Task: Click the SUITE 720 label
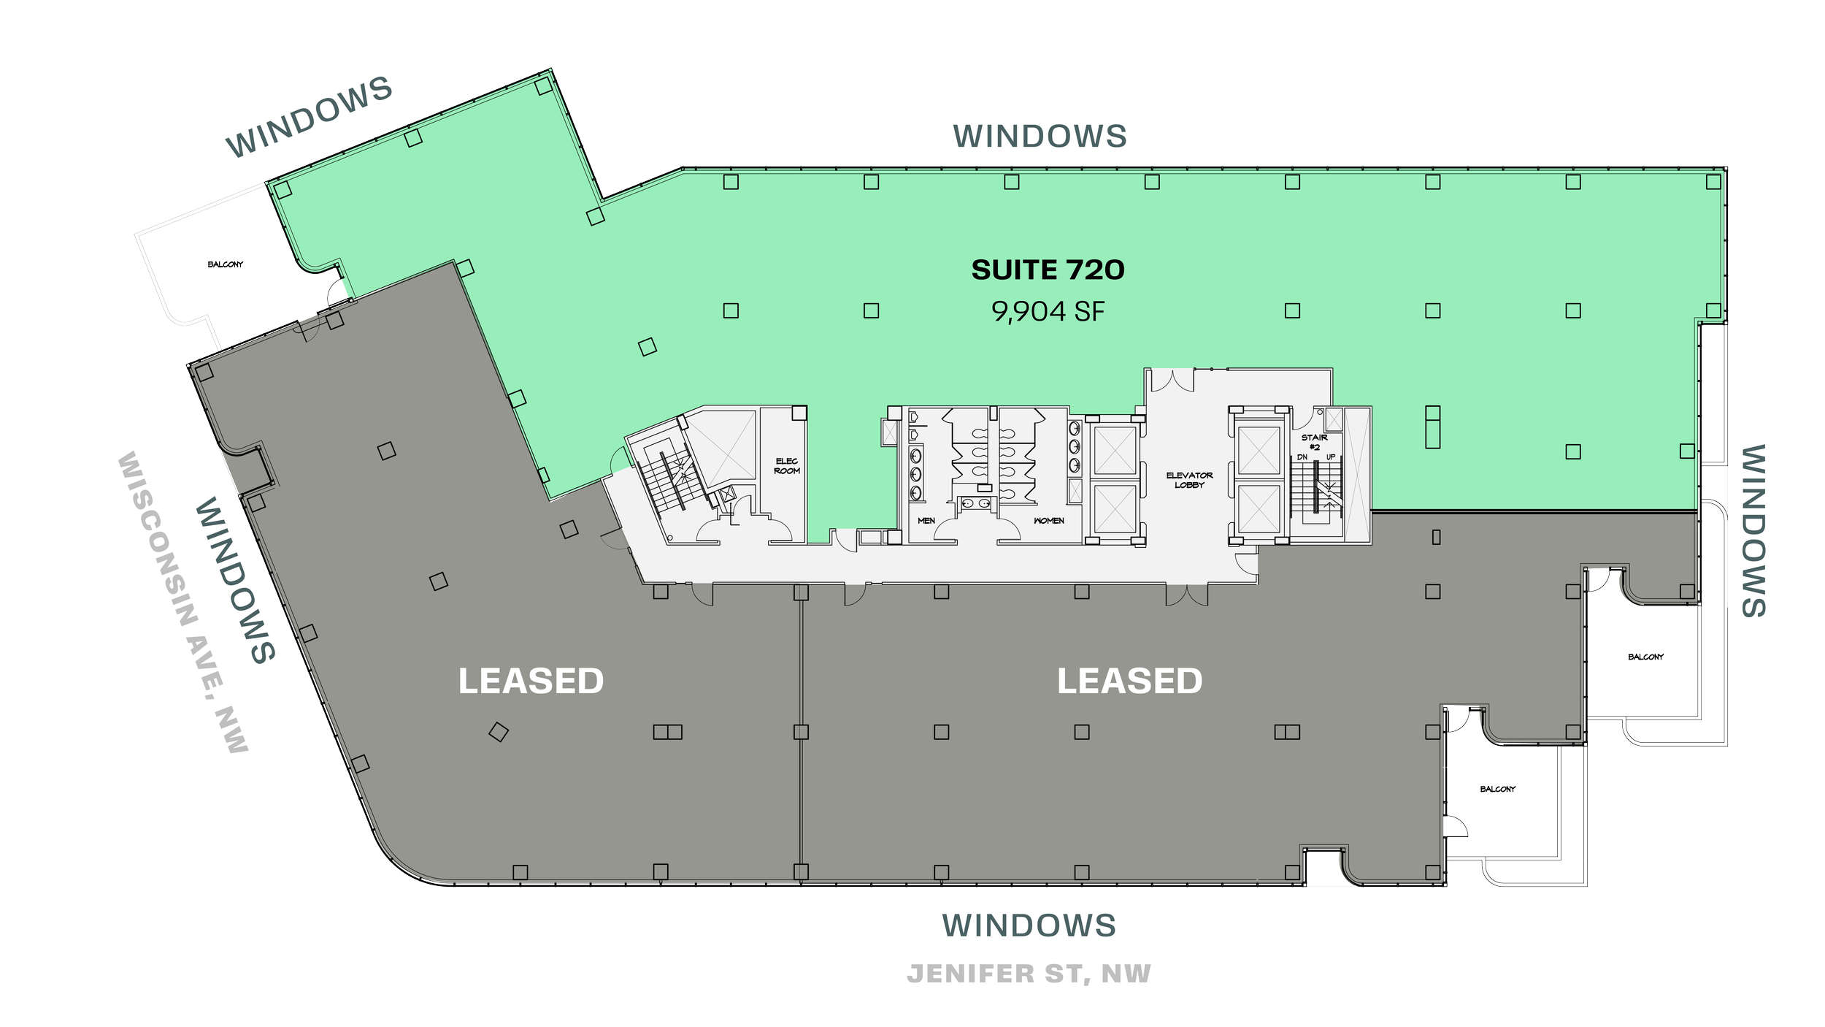click(1048, 270)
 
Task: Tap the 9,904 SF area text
click(1048, 312)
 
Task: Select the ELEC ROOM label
click(787, 466)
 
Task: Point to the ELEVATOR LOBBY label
click(1189, 480)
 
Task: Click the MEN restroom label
click(926, 521)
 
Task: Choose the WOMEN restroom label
click(1048, 521)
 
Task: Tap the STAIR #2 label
click(1314, 442)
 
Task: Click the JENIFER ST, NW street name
click(1029, 974)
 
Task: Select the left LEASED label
click(531, 682)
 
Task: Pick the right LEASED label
click(1129, 682)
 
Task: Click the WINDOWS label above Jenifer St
click(1029, 925)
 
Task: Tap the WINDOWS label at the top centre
click(1040, 137)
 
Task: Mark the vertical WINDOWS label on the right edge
click(1753, 531)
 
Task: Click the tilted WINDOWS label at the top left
click(309, 117)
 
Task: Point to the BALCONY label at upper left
click(225, 264)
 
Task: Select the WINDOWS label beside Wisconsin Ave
click(235, 580)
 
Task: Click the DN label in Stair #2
click(1302, 457)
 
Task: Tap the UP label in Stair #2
click(1330, 457)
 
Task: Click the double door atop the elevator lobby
click(1169, 379)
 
